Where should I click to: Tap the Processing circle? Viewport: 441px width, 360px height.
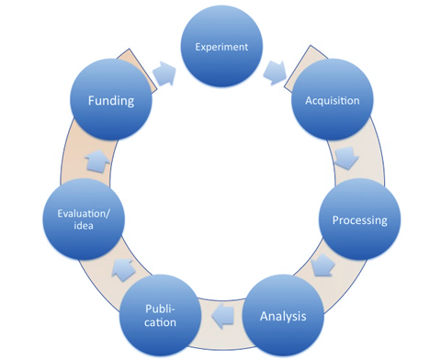tap(359, 220)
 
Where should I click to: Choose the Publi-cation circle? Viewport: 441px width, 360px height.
tap(160, 317)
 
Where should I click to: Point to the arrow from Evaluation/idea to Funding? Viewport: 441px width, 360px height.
tap(96, 162)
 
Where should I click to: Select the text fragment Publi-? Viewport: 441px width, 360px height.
tap(160, 309)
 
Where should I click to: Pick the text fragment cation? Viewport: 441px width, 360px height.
tap(160, 324)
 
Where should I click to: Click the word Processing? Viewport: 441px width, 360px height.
tap(359, 220)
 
